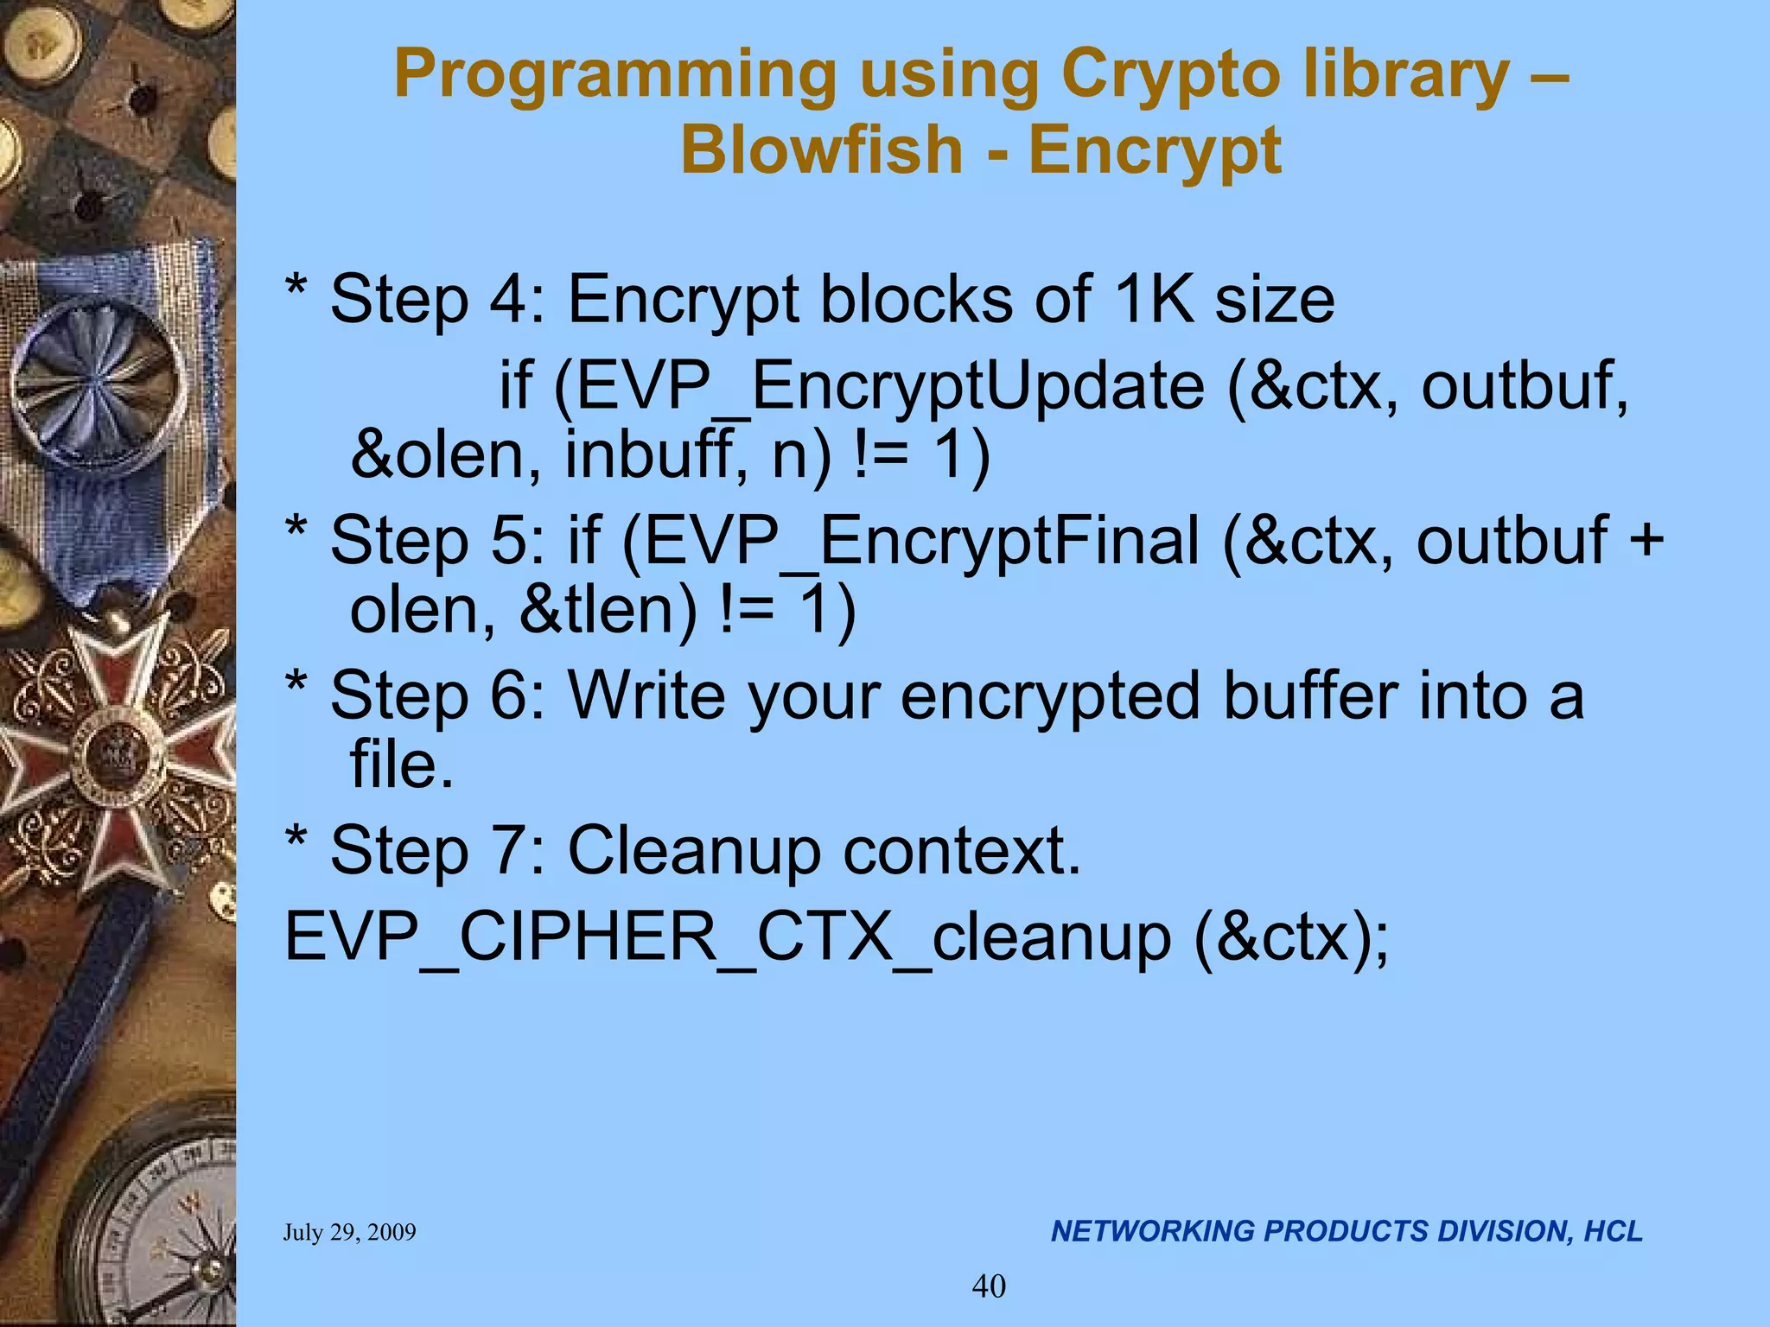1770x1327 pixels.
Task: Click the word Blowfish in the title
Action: click(x=821, y=150)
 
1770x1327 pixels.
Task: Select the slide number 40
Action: click(x=989, y=1286)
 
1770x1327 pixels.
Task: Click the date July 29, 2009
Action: click(x=349, y=1232)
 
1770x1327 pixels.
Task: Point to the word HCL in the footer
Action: click(x=1613, y=1231)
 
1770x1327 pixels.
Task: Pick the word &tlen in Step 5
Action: click(x=608, y=610)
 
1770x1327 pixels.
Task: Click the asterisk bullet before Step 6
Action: click(x=296, y=687)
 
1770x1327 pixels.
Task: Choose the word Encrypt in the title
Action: click(x=1155, y=150)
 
